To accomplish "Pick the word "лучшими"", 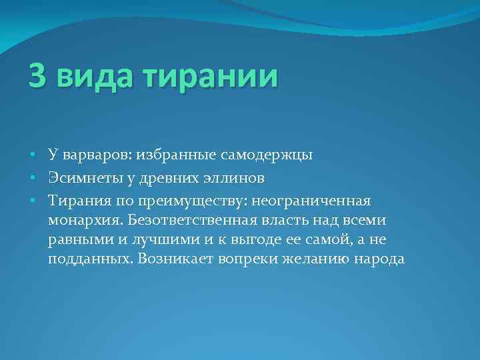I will pyautogui.click(x=178, y=239).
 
